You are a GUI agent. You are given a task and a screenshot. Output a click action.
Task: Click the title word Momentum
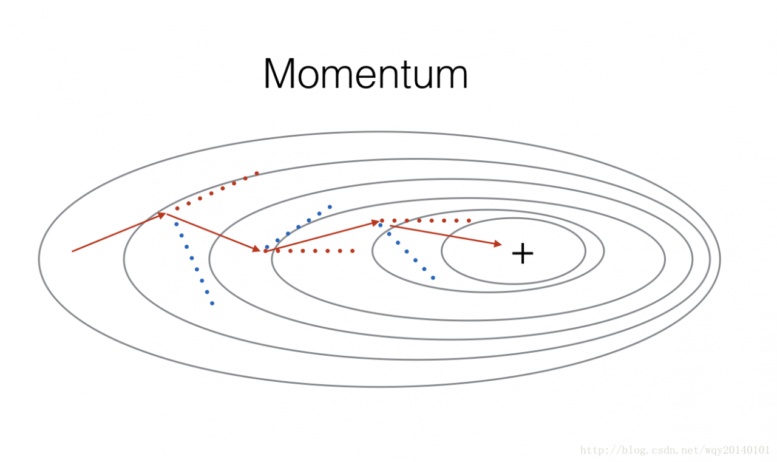(x=365, y=74)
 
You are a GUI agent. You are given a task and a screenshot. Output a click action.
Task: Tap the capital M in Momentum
(x=279, y=74)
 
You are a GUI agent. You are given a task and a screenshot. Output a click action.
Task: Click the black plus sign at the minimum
(x=523, y=254)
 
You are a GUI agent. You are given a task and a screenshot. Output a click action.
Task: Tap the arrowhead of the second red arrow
(x=257, y=248)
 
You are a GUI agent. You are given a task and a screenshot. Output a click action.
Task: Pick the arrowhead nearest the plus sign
(x=498, y=244)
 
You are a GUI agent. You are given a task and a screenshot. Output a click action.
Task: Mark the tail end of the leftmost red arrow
(x=72, y=251)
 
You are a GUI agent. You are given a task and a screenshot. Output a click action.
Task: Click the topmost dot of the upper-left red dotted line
(x=257, y=173)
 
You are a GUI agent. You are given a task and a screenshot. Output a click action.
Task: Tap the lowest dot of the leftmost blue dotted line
(x=212, y=304)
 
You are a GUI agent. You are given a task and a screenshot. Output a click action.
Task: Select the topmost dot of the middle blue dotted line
(x=330, y=207)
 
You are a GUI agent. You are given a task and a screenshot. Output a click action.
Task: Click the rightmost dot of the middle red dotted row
(x=353, y=251)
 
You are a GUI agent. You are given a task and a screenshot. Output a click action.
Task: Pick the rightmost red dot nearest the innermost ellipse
(x=469, y=220)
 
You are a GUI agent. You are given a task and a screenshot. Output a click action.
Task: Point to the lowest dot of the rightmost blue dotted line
(x=433, y=278)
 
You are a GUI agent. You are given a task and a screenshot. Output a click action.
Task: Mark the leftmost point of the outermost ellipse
(x=39, y=259)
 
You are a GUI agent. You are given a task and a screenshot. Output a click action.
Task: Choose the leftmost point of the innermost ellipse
(x=441, y=251)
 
